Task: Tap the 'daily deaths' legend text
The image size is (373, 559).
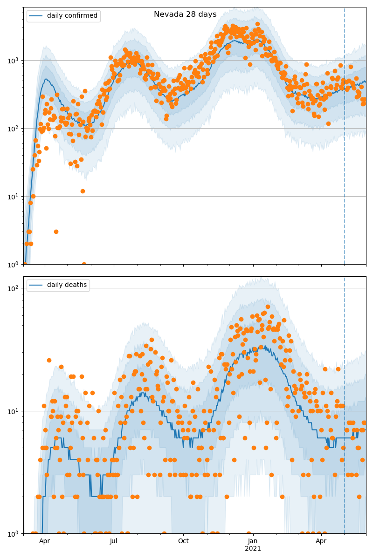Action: (67, 285)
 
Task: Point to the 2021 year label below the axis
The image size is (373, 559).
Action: (253, 548)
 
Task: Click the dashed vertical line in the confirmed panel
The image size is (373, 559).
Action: (345, 140)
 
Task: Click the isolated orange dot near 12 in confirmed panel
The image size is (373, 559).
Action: (83, 191)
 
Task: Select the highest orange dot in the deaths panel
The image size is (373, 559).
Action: (268, 307)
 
